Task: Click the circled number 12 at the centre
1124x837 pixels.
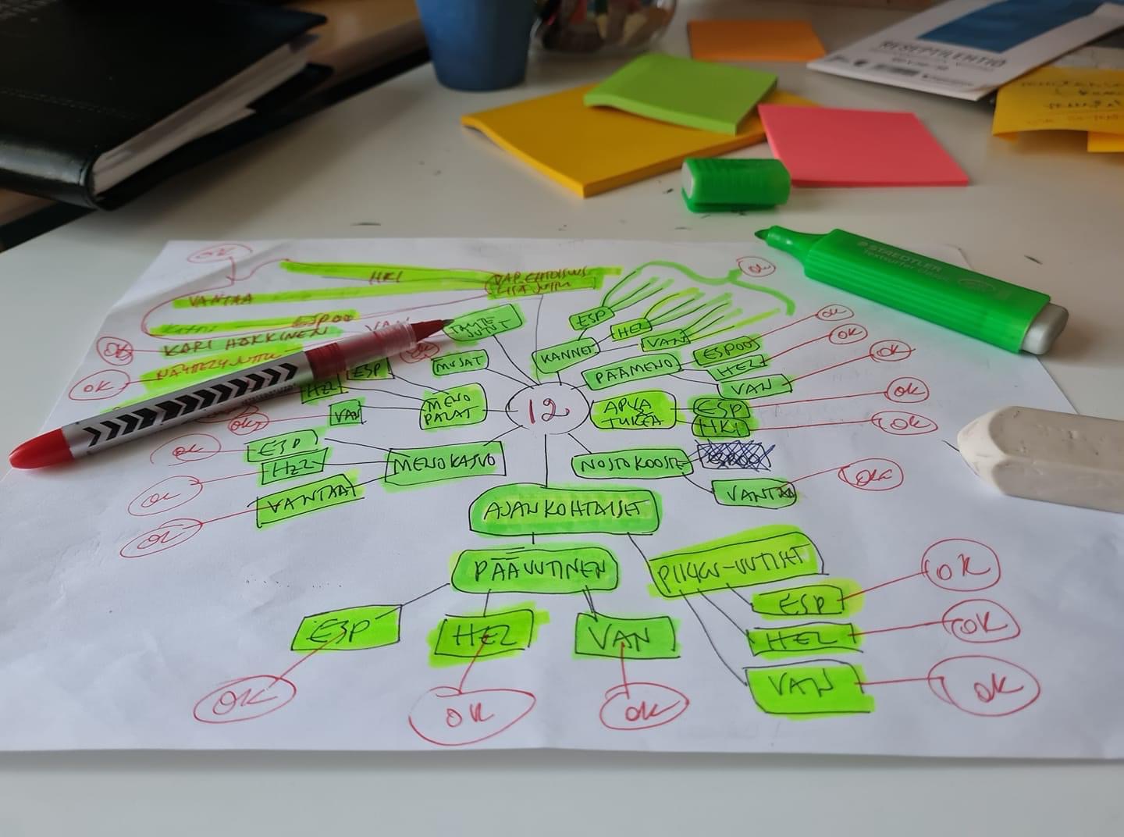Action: (x=544, y=409)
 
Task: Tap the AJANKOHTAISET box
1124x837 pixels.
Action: (x=564, y=510)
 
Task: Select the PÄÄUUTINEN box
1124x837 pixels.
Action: (x=535, y=572)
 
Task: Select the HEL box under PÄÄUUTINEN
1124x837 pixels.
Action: (x=487, y=636)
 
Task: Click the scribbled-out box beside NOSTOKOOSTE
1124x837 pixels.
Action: (x=733, y=458)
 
